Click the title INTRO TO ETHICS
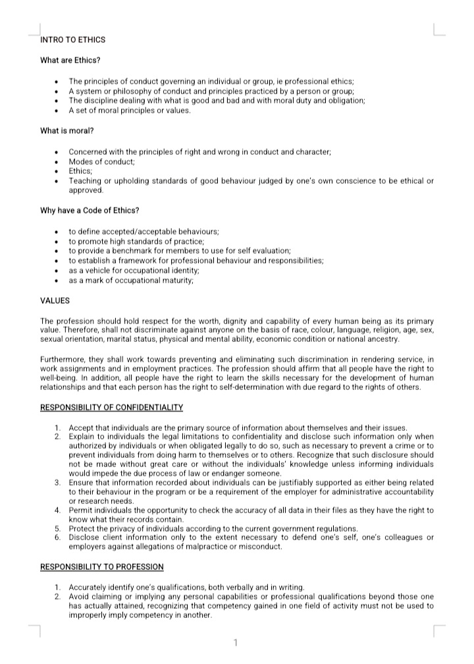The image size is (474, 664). (x=72, y=40)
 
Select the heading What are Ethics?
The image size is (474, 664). (x=70, y=61)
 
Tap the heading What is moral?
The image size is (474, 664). (x=67, y=130)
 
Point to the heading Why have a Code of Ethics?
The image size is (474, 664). (x=90, y=210)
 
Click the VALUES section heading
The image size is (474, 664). (x=55, y=301)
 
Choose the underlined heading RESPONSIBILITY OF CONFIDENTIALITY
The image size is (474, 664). (x=111, y=408)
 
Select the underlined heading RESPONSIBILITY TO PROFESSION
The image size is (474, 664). (x=102, y=567)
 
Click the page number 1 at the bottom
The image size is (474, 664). (x=236, y=642)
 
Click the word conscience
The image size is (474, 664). (x=327, y=181)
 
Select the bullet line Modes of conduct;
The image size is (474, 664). (x=101, y=161)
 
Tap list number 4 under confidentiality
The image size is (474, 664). (x=58, y=511)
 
